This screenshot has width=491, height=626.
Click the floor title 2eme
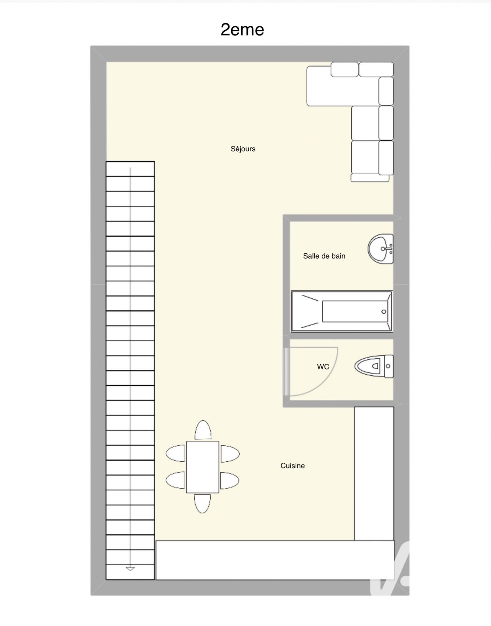pyautogui.click(x=242, y=30)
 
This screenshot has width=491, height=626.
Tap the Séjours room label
pyautogui.click(x=243, y=149)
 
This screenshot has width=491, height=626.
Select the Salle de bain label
pyautogui.click(x=324, y=256)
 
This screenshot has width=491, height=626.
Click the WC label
pyautogui.click(x=323, y=367)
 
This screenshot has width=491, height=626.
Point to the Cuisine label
pyautogui.click(x=292, y=466)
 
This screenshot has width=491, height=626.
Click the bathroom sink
pyautogui.click(x=381, y=249)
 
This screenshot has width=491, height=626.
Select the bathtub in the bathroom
pyautogui.click(x=342, y=311)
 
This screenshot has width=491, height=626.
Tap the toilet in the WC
pyautogui.click(x=374, y=366)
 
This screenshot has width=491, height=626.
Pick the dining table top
pyautogui.click(x=203, y=467)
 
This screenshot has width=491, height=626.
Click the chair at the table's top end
pyautogui.click(x=203, y=430)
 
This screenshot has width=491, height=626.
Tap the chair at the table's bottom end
pyautogui.click(x=202, y=504)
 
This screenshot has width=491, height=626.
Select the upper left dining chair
pyautogui.click(x=175, y=454)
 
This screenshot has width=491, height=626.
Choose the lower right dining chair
pyautogui.click(x=230, y=481)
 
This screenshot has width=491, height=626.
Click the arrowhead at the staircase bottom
pyautogui.click(x=130, y=569)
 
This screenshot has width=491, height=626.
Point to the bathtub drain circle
pyautogui.click(x=384, y=312)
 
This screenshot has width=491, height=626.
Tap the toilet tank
pyautogui.click(x=389, y=366)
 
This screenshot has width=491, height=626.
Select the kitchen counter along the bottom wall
pyautogui.click(x=275, y=560)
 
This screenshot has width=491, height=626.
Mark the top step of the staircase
pyautogui.click(x=130, y=169)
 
